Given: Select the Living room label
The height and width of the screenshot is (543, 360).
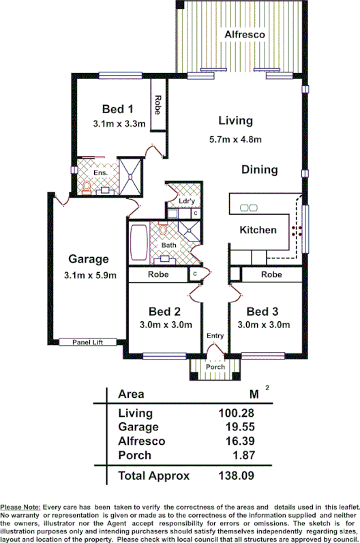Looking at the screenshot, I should click(x=235, y=121).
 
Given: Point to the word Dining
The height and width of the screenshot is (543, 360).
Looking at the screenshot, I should click(x=259, y=170).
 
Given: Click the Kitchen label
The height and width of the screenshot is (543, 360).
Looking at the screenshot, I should click(x=258, y=230).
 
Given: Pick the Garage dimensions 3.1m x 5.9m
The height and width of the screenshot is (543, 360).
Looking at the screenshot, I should click(x=89, y=276).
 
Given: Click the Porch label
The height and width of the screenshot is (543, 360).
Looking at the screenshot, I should click(x=215, y=367).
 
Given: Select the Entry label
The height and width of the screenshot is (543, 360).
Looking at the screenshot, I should click(x=215, y=336).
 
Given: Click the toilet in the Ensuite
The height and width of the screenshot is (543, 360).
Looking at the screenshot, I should click(x=87, y=187).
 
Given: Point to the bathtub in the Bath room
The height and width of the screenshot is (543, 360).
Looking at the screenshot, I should click(x=138, y=241).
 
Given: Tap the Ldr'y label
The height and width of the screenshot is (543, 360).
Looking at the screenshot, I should click(x=185, y=201).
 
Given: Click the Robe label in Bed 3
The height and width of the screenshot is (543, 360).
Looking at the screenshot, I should click(x=271, y=275).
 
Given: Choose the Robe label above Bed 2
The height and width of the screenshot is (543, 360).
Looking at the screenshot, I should click(x=159, y=275).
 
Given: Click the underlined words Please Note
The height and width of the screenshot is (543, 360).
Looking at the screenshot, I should click(x=20, y=507).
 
